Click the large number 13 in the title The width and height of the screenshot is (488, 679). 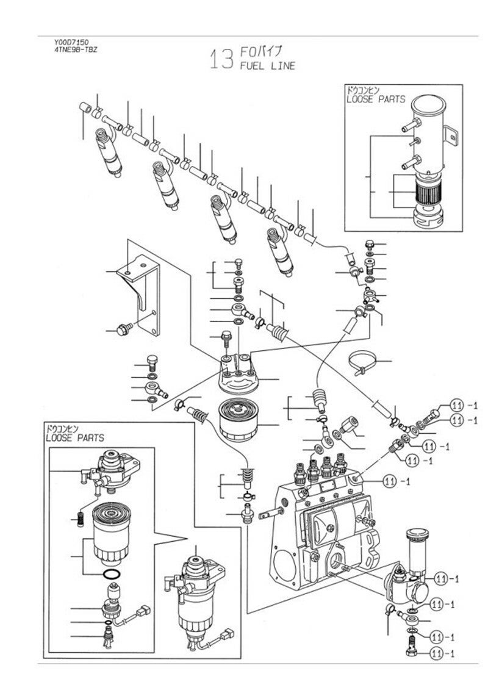pos(221,59)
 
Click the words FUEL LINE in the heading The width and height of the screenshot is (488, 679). pos(268,65)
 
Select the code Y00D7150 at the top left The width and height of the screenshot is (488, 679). pos(71,42)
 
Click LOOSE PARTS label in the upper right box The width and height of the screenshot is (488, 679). pos(375,98)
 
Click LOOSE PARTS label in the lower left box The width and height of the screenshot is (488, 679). pos(75,437)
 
